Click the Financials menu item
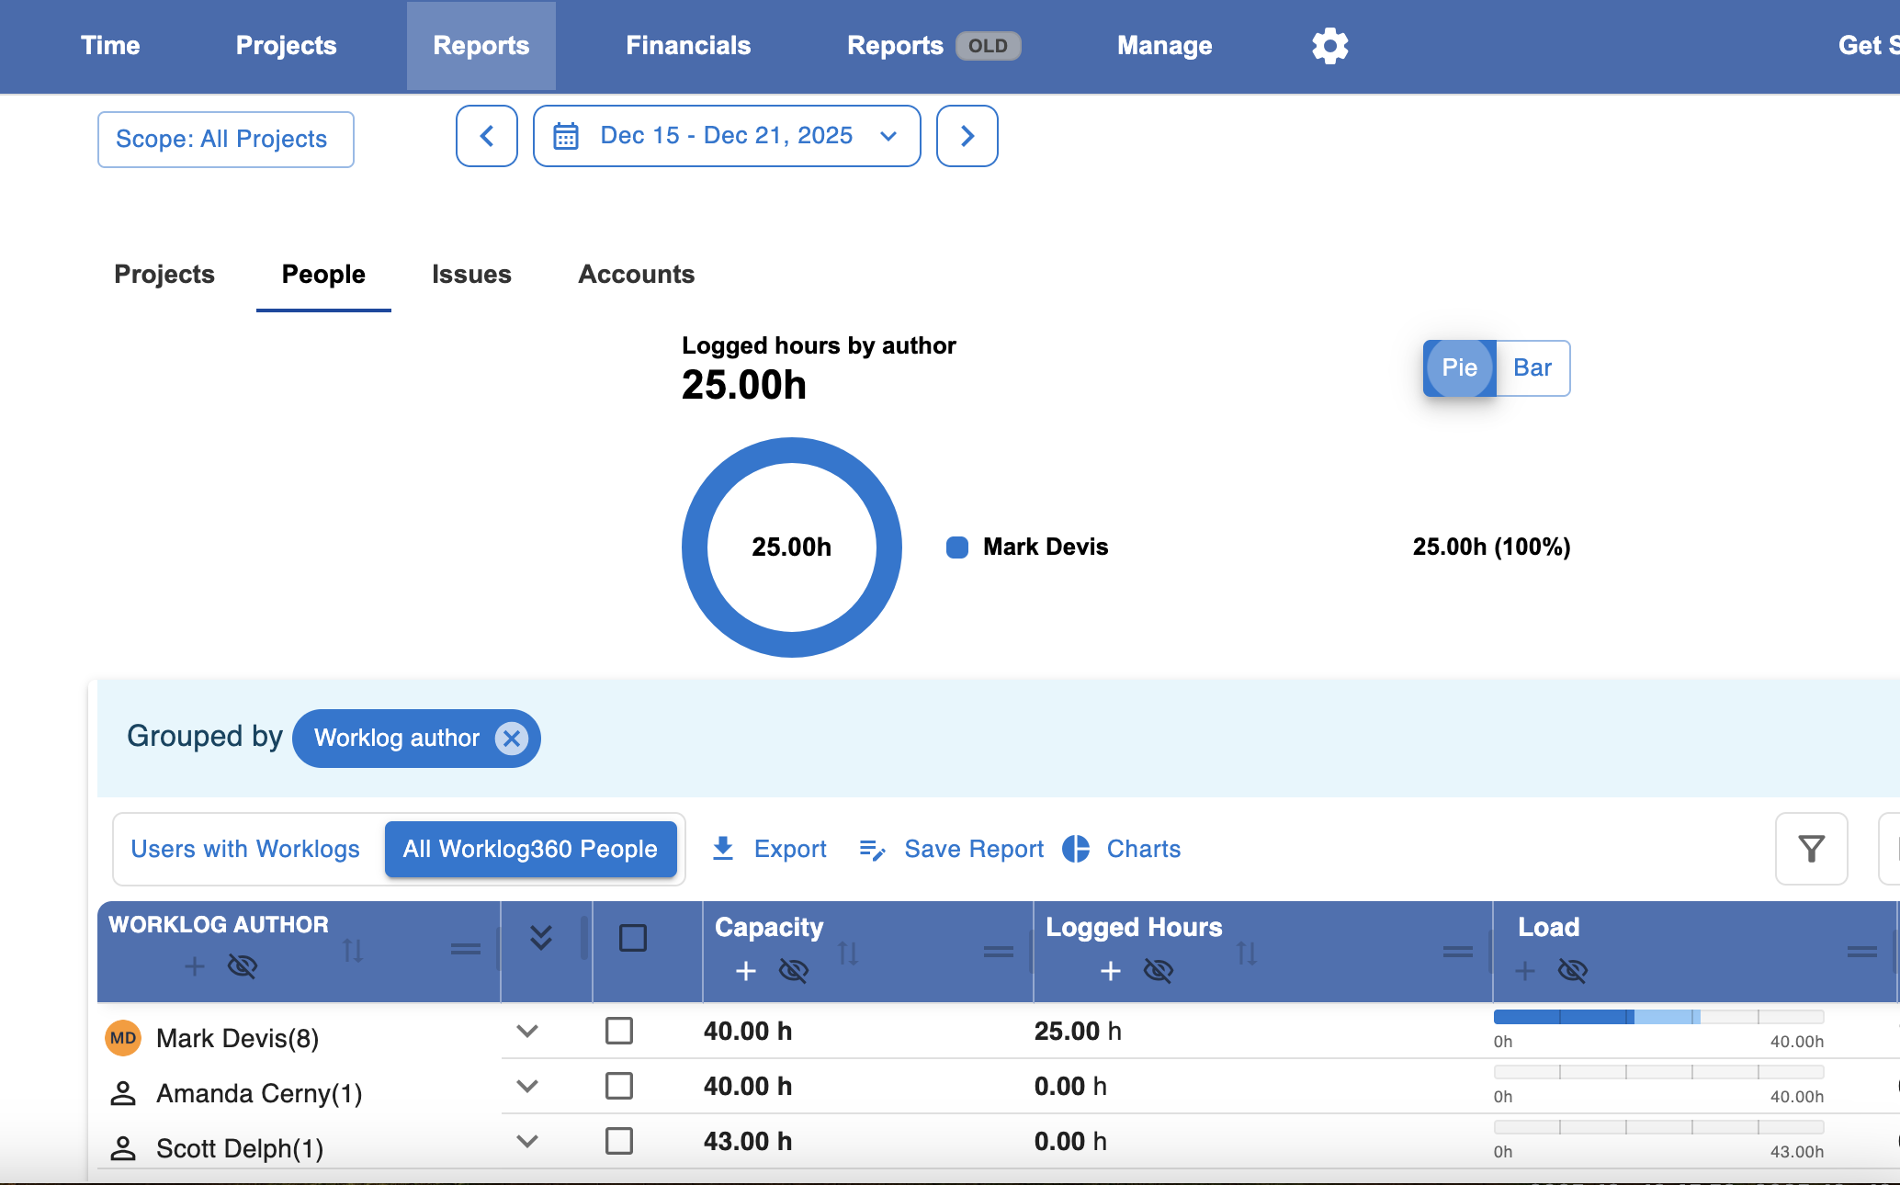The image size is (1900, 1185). click(688, 46)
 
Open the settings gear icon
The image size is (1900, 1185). click(1329, 46)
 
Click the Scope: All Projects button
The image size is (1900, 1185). click(226, 140)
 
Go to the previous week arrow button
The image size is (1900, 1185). click(487, 136)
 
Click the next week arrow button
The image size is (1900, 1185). click(967, 136)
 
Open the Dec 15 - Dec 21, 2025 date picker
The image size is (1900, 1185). click(727, 136)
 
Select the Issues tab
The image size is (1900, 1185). click(471, 275)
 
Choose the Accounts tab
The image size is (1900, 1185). click(637, 275)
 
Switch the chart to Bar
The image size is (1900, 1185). click(1532, 368)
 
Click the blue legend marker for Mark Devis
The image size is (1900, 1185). click(957, 547)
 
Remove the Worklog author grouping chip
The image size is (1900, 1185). click(512, 739)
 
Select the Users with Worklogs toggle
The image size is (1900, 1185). click(245, 849)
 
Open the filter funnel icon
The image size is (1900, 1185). click(1812, 849)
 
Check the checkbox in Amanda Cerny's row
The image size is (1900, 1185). click(619, 1086)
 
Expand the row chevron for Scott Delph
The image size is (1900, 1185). click(527, 1141)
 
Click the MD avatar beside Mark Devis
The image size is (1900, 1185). click(123, 1038)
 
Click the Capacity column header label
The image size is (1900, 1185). click(769, 928)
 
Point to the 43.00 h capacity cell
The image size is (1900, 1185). click(748, 1142)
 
